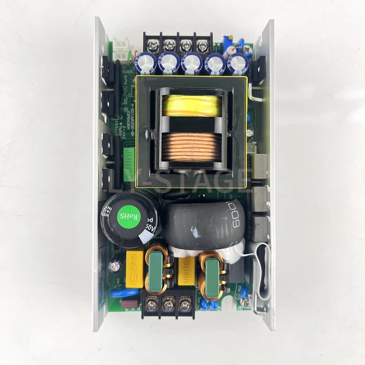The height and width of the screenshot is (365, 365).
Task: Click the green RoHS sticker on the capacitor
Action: (125, 214)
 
